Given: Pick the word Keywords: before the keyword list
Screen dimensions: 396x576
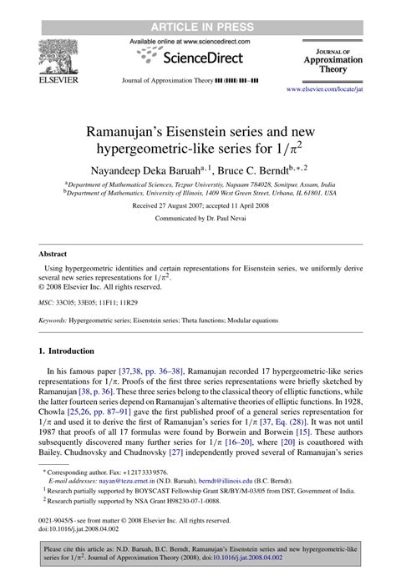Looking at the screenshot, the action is coord(58,319).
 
